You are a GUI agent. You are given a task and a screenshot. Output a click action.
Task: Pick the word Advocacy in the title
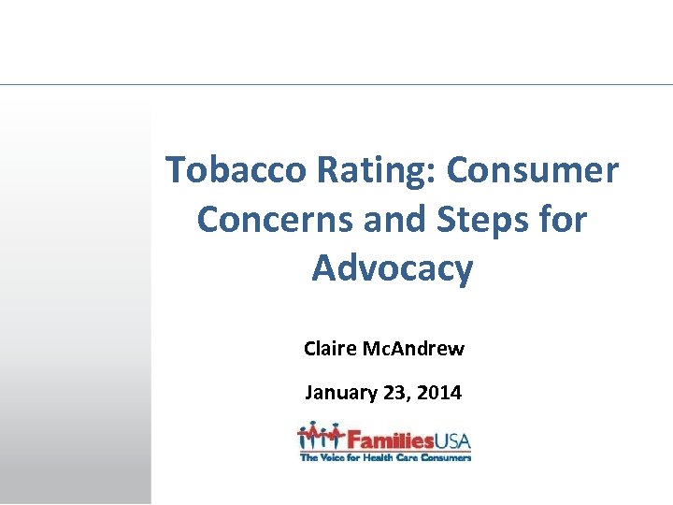(393, 268)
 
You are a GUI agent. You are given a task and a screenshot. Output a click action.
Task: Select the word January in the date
(340, 393)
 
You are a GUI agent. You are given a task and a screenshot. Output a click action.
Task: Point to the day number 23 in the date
(394, 393)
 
